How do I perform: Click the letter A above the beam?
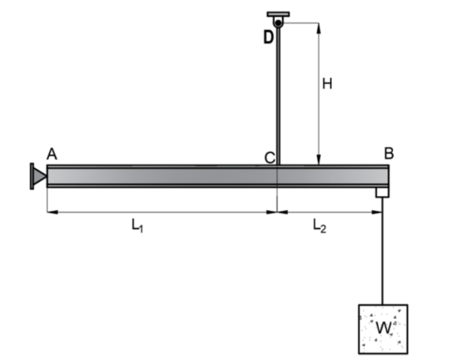[x=51, y=153]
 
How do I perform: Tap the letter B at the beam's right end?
[x=388, y=152]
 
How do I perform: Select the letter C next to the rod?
[x=269, y=158]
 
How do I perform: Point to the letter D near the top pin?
[x=268, y=36]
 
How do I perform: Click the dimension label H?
[x=327, y=84]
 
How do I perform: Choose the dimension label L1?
[x=136, y=225]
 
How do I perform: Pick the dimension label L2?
[x=321, y=225]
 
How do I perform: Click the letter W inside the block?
[x=383, y=327]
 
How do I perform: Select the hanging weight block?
[x=383, y=329]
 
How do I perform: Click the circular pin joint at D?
[x=277, y=24]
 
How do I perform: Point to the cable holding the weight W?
[x=381, y=253]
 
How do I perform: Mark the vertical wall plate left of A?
[x=31, y=176]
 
